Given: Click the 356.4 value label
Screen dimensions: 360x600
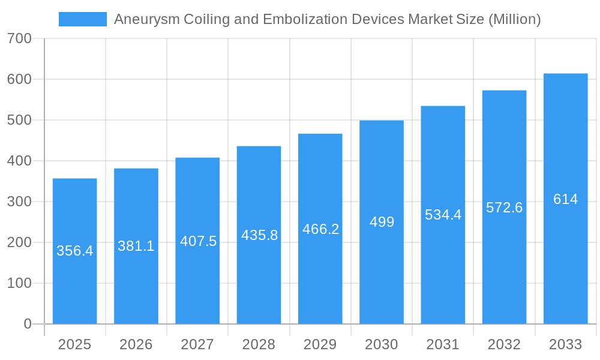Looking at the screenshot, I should pyautogui.click(x=74, y=251).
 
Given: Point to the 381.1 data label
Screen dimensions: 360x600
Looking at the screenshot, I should pyautogui.click(x=136, y=246).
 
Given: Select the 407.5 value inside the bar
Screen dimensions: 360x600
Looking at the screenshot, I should pyautogui.click(x=198, y=241).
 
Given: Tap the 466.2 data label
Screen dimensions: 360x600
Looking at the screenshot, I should pyautogui.click(x=321, y=229).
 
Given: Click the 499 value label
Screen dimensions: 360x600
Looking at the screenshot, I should pyautogui.click(x=382, y=222).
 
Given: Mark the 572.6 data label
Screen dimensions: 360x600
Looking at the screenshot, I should pyautogui.click(x=504, y=208).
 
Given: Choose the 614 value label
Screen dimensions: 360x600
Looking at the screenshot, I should pyautogui.click(x=565, y=199).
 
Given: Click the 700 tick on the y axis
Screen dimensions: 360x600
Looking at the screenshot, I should pyautogui.click(x=19, y=38).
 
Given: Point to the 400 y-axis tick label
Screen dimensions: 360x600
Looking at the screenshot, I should pyautogui.click(x=19, y=161).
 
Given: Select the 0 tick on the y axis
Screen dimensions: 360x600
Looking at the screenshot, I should pyautogui.click(x=28, y=324).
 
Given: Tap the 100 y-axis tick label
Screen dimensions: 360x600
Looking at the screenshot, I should pyautogui.click(x=19, y=283).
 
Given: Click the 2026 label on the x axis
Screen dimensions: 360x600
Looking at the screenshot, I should pyautogui.click(x=136, y=344).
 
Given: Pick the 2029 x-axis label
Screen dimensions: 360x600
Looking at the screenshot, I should pyautogui.click(x=320, y=344).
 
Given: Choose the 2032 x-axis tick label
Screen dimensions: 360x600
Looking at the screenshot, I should pyautogui.click(x=504, y=344).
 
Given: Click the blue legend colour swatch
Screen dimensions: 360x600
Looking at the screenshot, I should pyautogui.click(x=82, y=19).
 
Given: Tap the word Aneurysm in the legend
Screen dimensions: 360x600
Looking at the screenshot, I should pyautogui.click(x=140, y=20).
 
